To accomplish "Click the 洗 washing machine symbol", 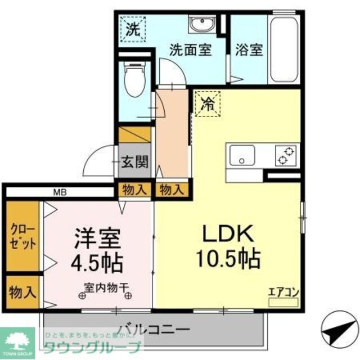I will pos(134,28).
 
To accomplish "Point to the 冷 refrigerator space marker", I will pos(208,104).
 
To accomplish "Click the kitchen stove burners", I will pos(286,155).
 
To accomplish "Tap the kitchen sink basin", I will pos(241,155).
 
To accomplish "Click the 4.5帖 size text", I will pos(97,262).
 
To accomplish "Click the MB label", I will pos(60,192).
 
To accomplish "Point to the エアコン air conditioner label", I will pos(282,292).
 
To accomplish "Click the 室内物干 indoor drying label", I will pos(106,287).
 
